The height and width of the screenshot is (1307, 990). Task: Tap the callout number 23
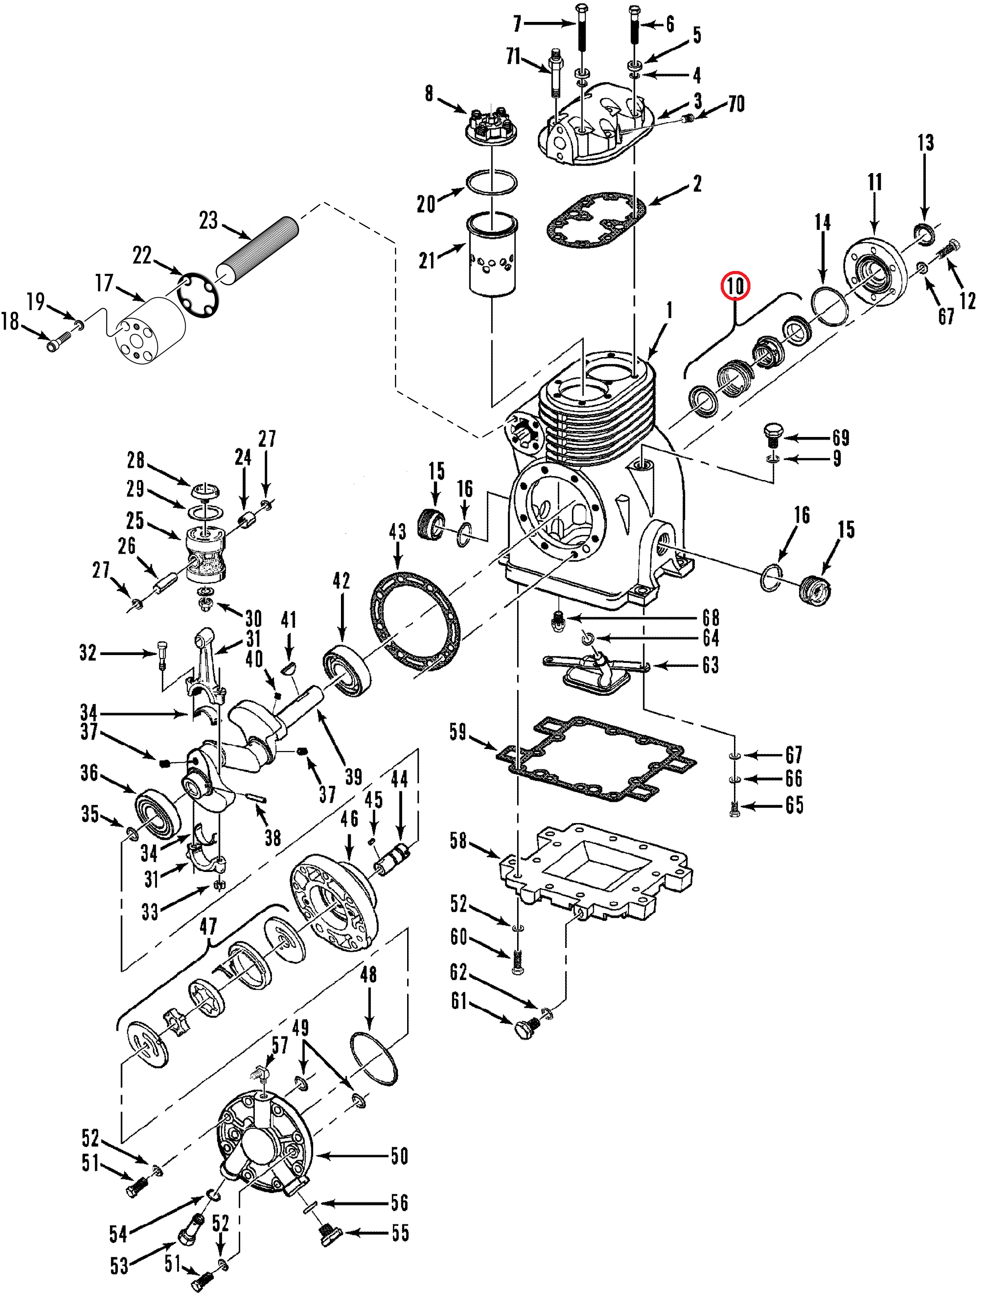[208, 220]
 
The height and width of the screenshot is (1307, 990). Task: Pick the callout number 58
[458, 840]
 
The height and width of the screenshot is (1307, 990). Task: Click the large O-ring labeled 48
[373, 1058]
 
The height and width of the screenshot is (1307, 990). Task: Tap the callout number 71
[513, 57]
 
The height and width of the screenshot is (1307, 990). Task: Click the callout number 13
[925, 143]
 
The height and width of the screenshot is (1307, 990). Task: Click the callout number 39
[353, 776]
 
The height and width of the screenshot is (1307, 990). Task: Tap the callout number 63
[710, 665]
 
